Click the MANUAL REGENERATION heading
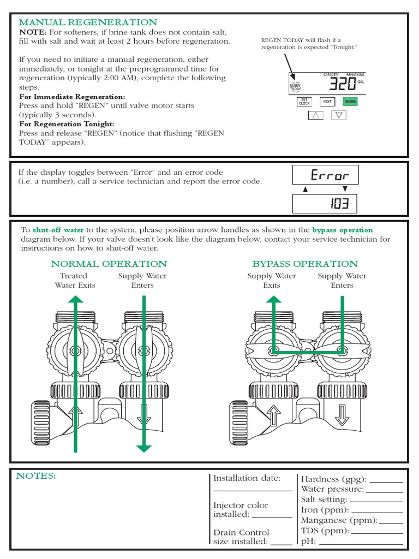[88, 22]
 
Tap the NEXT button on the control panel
[327, 102]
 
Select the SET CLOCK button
[304, 102]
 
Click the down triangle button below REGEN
[339, 115]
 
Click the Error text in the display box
[329, 175]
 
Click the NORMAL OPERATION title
[109, 264]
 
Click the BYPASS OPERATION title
[305, 264]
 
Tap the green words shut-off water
[58, 230]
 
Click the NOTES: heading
[35, 476]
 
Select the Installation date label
[247, 478]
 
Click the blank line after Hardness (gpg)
[386, 480]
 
